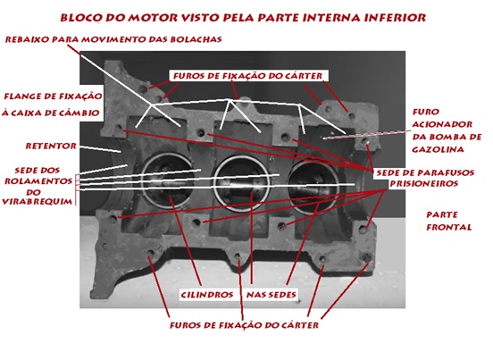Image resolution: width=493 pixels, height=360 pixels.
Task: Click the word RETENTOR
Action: point(51,147)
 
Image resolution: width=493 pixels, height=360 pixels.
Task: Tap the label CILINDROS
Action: point(207,295)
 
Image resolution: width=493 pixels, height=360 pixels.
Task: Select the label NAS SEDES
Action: point(272,295)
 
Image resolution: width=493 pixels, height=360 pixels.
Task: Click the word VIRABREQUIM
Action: point(38,202)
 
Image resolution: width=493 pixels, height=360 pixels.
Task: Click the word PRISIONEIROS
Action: point(424,183)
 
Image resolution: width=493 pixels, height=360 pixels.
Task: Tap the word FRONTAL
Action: point(449,227)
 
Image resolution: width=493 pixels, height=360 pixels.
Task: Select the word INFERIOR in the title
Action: point(395,18)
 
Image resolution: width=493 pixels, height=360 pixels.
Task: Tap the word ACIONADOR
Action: point(442,124)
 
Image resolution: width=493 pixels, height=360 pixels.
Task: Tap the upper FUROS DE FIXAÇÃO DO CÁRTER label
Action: point(247,76)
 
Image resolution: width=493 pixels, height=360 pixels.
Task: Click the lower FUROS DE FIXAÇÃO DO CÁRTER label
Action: point(245,325)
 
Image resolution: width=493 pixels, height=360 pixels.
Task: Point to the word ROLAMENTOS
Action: point(38,181)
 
